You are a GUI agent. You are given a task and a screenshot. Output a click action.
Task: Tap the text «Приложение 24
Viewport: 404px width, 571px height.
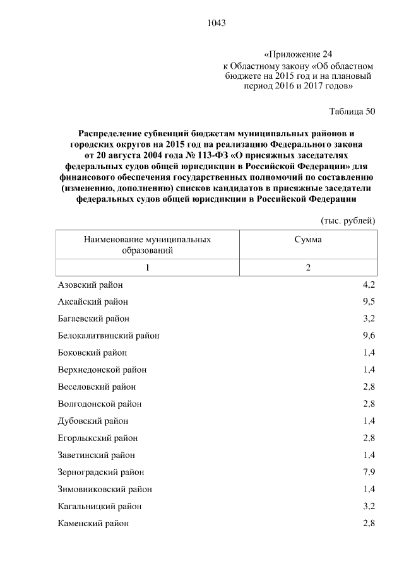(x=297, y=55)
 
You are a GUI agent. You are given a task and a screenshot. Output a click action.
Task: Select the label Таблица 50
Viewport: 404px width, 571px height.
(x=352, y=112)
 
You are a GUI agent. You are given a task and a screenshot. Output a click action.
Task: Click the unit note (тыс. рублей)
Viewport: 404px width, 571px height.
(x=349, y=220)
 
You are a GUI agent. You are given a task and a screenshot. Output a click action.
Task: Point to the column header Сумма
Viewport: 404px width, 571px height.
(x=308, y=240)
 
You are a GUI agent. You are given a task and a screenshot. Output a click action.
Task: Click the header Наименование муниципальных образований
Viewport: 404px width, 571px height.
(x=147, y=245)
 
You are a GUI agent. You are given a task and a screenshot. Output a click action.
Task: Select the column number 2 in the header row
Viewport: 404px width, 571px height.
(x=308, y=268)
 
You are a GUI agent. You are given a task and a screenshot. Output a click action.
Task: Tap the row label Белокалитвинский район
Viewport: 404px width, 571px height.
(x=109, y=336)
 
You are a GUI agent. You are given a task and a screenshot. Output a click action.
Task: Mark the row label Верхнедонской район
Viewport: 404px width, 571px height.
(x=102, y=370)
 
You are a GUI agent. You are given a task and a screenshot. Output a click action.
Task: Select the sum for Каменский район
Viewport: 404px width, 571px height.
(x=369, y=523)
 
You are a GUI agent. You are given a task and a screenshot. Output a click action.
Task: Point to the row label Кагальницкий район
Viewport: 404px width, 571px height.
(x=99, y=506)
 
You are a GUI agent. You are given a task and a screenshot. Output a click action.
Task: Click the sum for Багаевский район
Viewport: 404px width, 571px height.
(x=369, y=319)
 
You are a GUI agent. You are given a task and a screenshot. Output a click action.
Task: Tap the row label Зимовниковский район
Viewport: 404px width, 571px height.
(x=104, y=489)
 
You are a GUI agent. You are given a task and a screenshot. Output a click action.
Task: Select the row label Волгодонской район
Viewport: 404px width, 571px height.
(x=99, y=404)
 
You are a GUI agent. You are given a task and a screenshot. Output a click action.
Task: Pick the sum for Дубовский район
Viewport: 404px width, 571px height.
(x=369, y=421)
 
